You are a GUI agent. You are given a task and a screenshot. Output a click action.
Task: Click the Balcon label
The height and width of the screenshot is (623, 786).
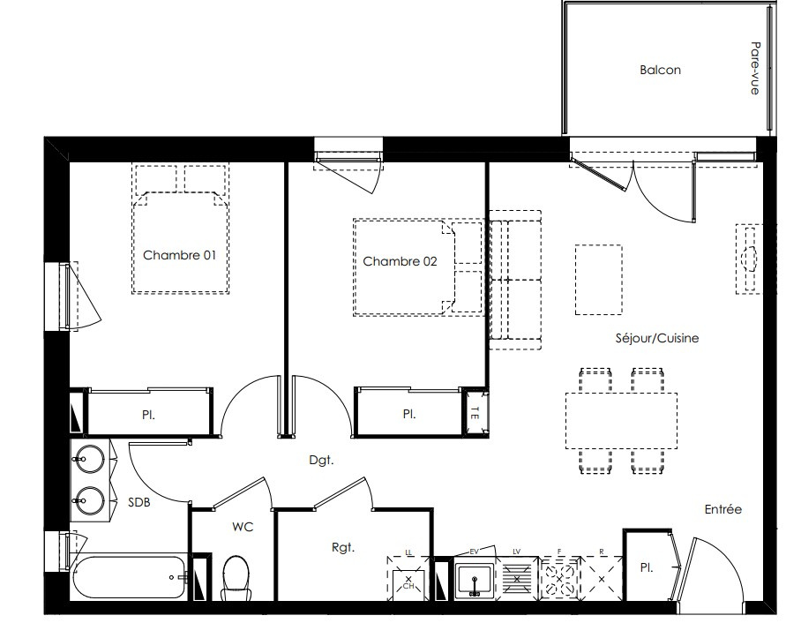point(660,70)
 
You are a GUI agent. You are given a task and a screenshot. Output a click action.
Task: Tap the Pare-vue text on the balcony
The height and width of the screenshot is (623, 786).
point(755,68)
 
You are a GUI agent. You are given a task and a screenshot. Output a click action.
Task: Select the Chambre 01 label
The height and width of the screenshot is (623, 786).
point(179,255)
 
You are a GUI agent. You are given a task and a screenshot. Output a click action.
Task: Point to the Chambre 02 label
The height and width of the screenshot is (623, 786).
point(400,261)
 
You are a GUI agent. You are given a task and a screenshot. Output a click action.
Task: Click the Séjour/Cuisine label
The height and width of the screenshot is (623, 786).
point(656,338)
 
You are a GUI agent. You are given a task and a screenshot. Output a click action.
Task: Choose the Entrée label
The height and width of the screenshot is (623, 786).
point(722,509)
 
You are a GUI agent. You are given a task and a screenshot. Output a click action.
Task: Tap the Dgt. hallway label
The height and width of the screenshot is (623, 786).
point(321,460)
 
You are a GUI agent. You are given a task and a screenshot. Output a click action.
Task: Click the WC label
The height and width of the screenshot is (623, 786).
point(243,527)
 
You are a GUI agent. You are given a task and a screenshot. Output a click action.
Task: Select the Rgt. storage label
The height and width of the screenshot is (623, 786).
point(343,547)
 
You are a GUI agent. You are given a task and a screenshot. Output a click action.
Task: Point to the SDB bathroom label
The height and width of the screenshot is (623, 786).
point(138,502)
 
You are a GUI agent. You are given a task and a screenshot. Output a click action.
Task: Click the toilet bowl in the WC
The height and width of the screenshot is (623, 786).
point(236,578)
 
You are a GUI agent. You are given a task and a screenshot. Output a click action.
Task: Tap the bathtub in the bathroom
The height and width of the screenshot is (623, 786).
point(129,577)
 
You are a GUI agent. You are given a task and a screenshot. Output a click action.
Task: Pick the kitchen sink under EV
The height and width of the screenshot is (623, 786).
point(475,581)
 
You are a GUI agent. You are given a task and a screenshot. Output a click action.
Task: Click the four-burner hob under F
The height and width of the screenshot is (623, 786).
point(560,578)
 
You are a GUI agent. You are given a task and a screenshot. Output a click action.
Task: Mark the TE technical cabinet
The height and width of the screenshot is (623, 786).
point(475,413)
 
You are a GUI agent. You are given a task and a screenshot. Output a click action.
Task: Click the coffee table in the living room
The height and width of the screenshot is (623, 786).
point(598,280)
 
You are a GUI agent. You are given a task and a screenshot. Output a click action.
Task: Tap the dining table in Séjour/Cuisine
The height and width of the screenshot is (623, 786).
point(621,420)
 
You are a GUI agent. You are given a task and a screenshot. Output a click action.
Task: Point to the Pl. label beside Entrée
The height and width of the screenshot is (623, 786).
point(647,567)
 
